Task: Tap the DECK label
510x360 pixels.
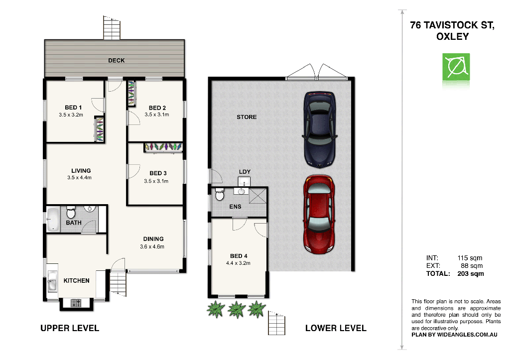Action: pyautogui.click(x=117, y=61)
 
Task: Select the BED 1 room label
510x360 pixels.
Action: pyautogui.click(x=73, y=108)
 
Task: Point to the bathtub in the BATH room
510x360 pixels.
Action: pyautogui.click(x=53, y=219)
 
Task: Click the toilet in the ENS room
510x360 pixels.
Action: pyautogui.click(x=220, y=195)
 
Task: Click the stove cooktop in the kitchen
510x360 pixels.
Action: pyautogui.click(x=76, y=303)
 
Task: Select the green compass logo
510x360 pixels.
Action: pyautogui.click(x=456, y=68)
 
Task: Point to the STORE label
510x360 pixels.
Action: pyautogui.click(x=247, y=117)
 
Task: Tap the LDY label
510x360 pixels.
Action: pyautogui.click(x=244, y=172)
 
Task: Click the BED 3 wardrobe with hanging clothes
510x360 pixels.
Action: pyautogui.click(x=163, y=147)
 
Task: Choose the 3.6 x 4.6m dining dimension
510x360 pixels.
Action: pyautogui.click(x=152, y=246)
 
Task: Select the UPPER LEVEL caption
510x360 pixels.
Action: pyautogui.click(x=69, y=328)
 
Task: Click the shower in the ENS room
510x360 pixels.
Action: pyautogui.click(x=258, y=196)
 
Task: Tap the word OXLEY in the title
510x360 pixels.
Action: pyautogui.click(x=452, y=37)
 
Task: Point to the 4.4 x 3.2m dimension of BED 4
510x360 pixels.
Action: pyautogui.click(x=238, y=263)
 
